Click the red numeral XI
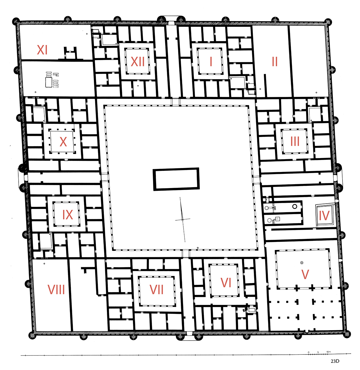[42, 50]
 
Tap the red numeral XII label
[138, 62]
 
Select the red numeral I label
[211, 62]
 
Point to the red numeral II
[275, 62]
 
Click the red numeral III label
[295, 141]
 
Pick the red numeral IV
[324, 216]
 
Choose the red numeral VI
[226, 282]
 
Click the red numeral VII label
[156, 289]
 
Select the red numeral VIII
[56, 289]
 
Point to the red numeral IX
[68, 215]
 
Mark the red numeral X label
[63, 142]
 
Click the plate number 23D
[335, 361]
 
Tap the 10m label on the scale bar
[328, 352]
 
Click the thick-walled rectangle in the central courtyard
[176, 179]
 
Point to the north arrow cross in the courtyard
[182, 220]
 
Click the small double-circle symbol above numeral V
[302, 263]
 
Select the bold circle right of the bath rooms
[294, 206]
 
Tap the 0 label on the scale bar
[308, 352]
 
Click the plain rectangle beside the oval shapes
[49, 82]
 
